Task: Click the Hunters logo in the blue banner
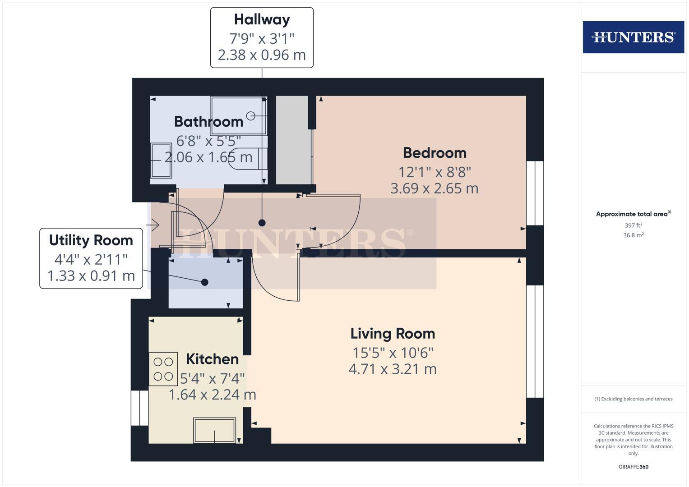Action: click(633, 37)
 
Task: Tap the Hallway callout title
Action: click(262, 19)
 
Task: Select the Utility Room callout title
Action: click(91, 240)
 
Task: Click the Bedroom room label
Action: click(435, 153)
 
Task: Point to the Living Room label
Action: click(393, 334)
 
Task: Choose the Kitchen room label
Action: click(212, 359)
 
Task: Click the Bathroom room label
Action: click(208, 122)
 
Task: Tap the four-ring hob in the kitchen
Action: click(163, 369)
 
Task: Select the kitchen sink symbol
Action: click(214, 430)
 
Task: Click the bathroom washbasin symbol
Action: click(161, 160)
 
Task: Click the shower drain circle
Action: click(251, 116)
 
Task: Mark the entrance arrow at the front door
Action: click(153, 224)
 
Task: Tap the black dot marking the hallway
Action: click(262, 223)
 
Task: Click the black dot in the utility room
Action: click(204, 282)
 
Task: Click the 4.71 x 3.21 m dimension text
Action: click(393, 369)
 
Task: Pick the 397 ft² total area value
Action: click(633, 225)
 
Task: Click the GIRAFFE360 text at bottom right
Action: click(633, 467)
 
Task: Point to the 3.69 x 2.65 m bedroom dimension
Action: click(434, 188)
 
